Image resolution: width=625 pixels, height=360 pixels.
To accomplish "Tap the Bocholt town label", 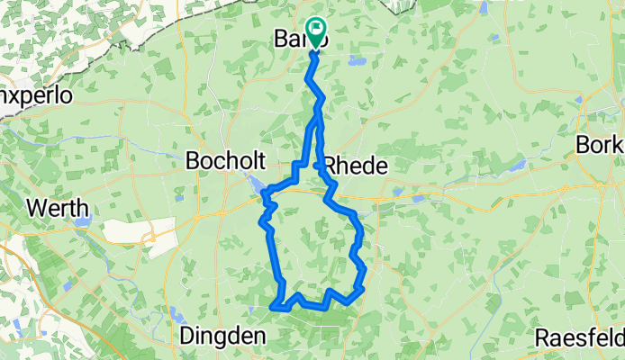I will (x=225, y=161).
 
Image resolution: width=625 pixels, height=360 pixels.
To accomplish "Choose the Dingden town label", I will (x=223, y=336).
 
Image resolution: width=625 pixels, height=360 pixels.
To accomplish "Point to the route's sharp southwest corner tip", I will (x=271, y=308).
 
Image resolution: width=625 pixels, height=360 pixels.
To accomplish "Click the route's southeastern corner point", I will (x=362, y=289).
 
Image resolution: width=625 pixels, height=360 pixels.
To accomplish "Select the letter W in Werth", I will (x=33, y=208).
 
